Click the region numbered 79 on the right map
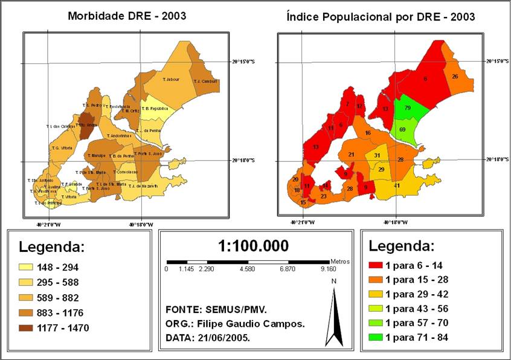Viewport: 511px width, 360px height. tap(408, 108)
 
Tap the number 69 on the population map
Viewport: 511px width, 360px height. tap(402, 129)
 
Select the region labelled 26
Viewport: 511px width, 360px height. tap(455, 77)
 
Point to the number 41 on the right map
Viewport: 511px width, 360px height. tap(397, 185)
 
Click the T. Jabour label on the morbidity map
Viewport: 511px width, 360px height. tap(171, 79)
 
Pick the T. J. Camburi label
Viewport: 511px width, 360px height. tap(205, 81)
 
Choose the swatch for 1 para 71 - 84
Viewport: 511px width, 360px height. tap(374, 337)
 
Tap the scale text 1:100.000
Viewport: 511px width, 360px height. tap(253, 246)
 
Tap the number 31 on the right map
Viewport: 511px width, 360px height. tap(377, 156)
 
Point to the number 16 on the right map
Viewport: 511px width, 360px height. tap(367, 133)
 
